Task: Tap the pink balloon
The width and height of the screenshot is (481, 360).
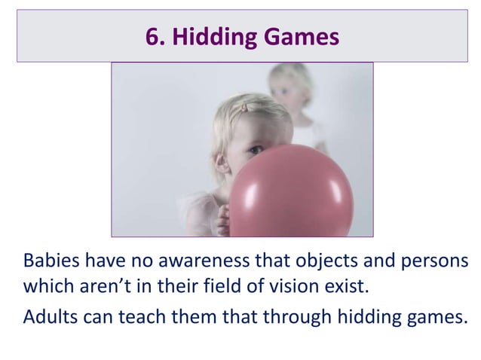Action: point(290,192)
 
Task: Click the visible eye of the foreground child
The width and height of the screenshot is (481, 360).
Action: point(256,150)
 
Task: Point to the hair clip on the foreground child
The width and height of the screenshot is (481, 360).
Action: point(243,108)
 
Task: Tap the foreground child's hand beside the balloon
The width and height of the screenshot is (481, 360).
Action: point(221,219)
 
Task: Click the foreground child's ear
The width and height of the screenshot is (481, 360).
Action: point(220,160)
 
